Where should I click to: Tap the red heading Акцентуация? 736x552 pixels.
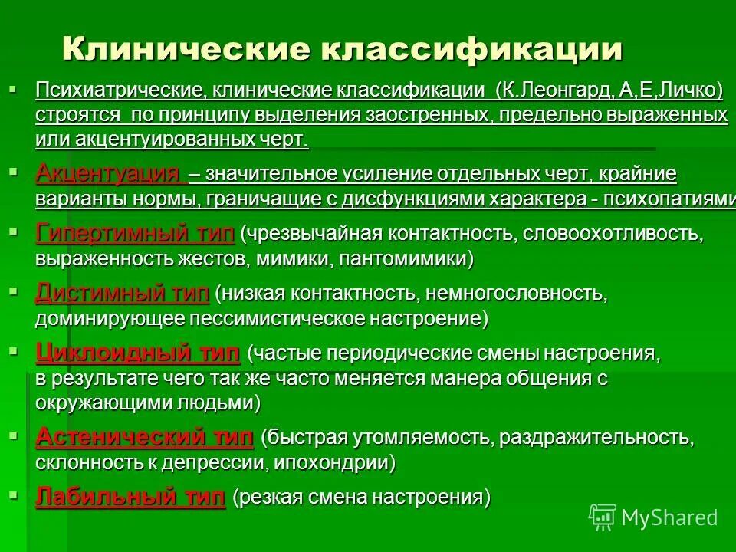coord(107,174)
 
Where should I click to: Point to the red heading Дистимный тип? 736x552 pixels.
coord(123,293)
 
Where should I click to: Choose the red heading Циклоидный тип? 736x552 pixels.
coord(138,353)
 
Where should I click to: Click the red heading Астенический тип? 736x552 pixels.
coord(144,438)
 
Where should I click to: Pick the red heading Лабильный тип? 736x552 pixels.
coord(130,497)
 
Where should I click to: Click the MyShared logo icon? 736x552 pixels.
coord(603,517)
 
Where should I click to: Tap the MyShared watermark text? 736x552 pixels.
coord(669,517)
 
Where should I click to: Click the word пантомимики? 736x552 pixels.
coord(406,259)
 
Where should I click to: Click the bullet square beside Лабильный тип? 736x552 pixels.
coord(11,493)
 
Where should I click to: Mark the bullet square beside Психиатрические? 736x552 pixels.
coord(11,87)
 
